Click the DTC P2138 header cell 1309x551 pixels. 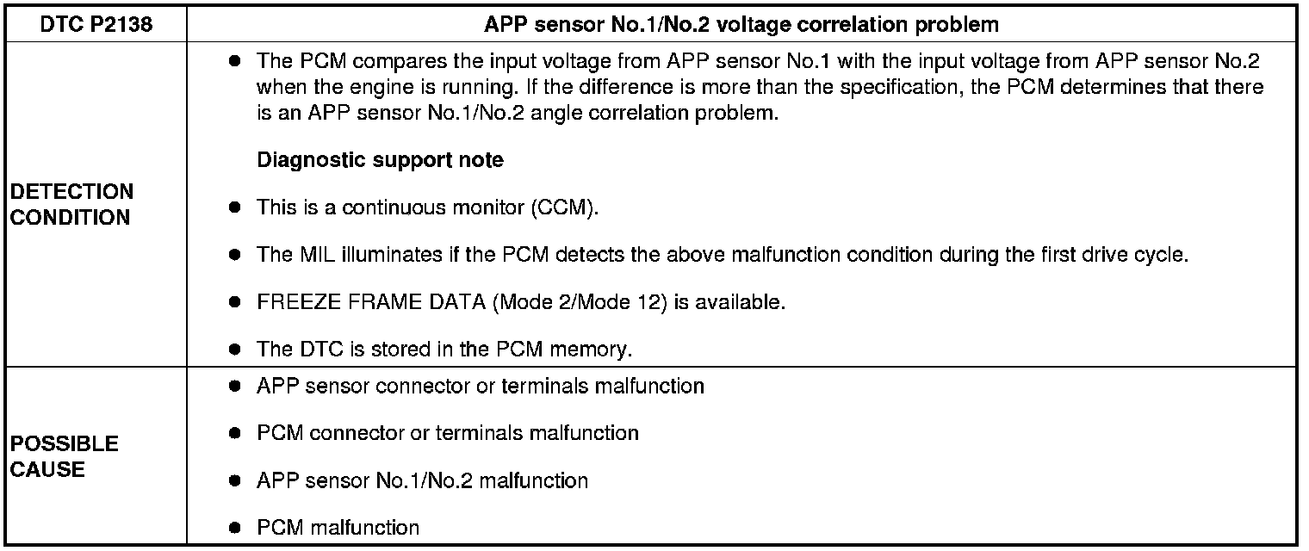(96, 24)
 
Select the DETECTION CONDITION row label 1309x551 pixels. (72, 204)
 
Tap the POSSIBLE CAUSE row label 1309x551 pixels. (64, 456)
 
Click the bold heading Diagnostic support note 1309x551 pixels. (380, 160)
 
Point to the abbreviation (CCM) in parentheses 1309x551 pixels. (563, 208)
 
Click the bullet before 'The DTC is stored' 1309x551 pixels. (234, 350)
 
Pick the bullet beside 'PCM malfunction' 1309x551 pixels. (234, 528)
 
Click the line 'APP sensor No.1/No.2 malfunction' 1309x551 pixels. (422, 480)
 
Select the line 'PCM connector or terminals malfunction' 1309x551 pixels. (447, 433)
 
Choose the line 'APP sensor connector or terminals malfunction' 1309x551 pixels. (480, 386)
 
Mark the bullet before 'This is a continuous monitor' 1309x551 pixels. (234, 208)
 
